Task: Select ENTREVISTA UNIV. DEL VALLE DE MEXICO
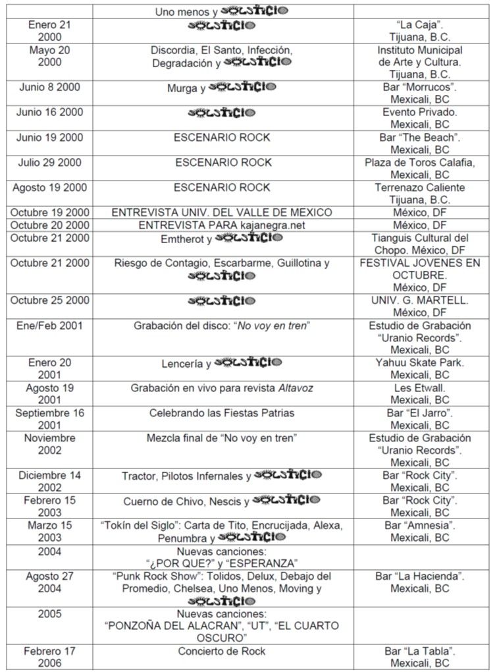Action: [222, 212]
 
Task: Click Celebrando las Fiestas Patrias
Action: [221, 412]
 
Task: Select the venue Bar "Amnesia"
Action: [419, 525]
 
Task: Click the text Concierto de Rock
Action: [221, 651]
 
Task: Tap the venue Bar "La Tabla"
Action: [419, 651]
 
